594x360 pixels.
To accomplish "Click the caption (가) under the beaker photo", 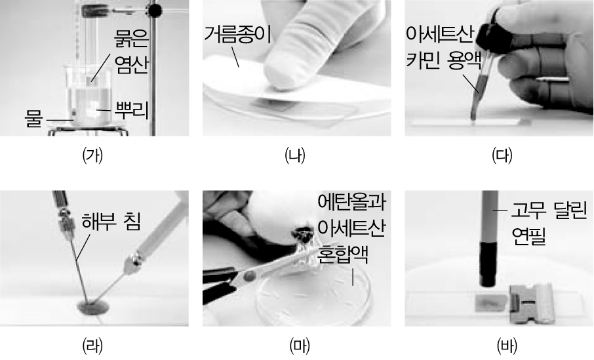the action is (93, 155).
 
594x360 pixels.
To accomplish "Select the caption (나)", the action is (295, 155).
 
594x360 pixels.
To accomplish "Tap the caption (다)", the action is (502, 155).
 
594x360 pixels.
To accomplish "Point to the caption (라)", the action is (93, 346).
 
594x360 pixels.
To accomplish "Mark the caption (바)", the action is (507, 346).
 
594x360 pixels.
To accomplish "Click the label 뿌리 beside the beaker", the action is (131, 110).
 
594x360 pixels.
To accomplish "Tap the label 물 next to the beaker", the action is (33, 119).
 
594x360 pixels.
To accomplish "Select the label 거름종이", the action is (237, 35).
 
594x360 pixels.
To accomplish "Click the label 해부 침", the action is (111, 222).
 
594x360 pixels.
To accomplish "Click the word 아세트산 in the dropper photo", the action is (440, 35).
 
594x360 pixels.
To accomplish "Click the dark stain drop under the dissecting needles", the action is (92, 307).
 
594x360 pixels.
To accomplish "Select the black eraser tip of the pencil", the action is (488, 264).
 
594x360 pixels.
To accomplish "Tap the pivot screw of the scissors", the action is (248, 276).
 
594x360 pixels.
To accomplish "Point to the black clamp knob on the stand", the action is (155, 10).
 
